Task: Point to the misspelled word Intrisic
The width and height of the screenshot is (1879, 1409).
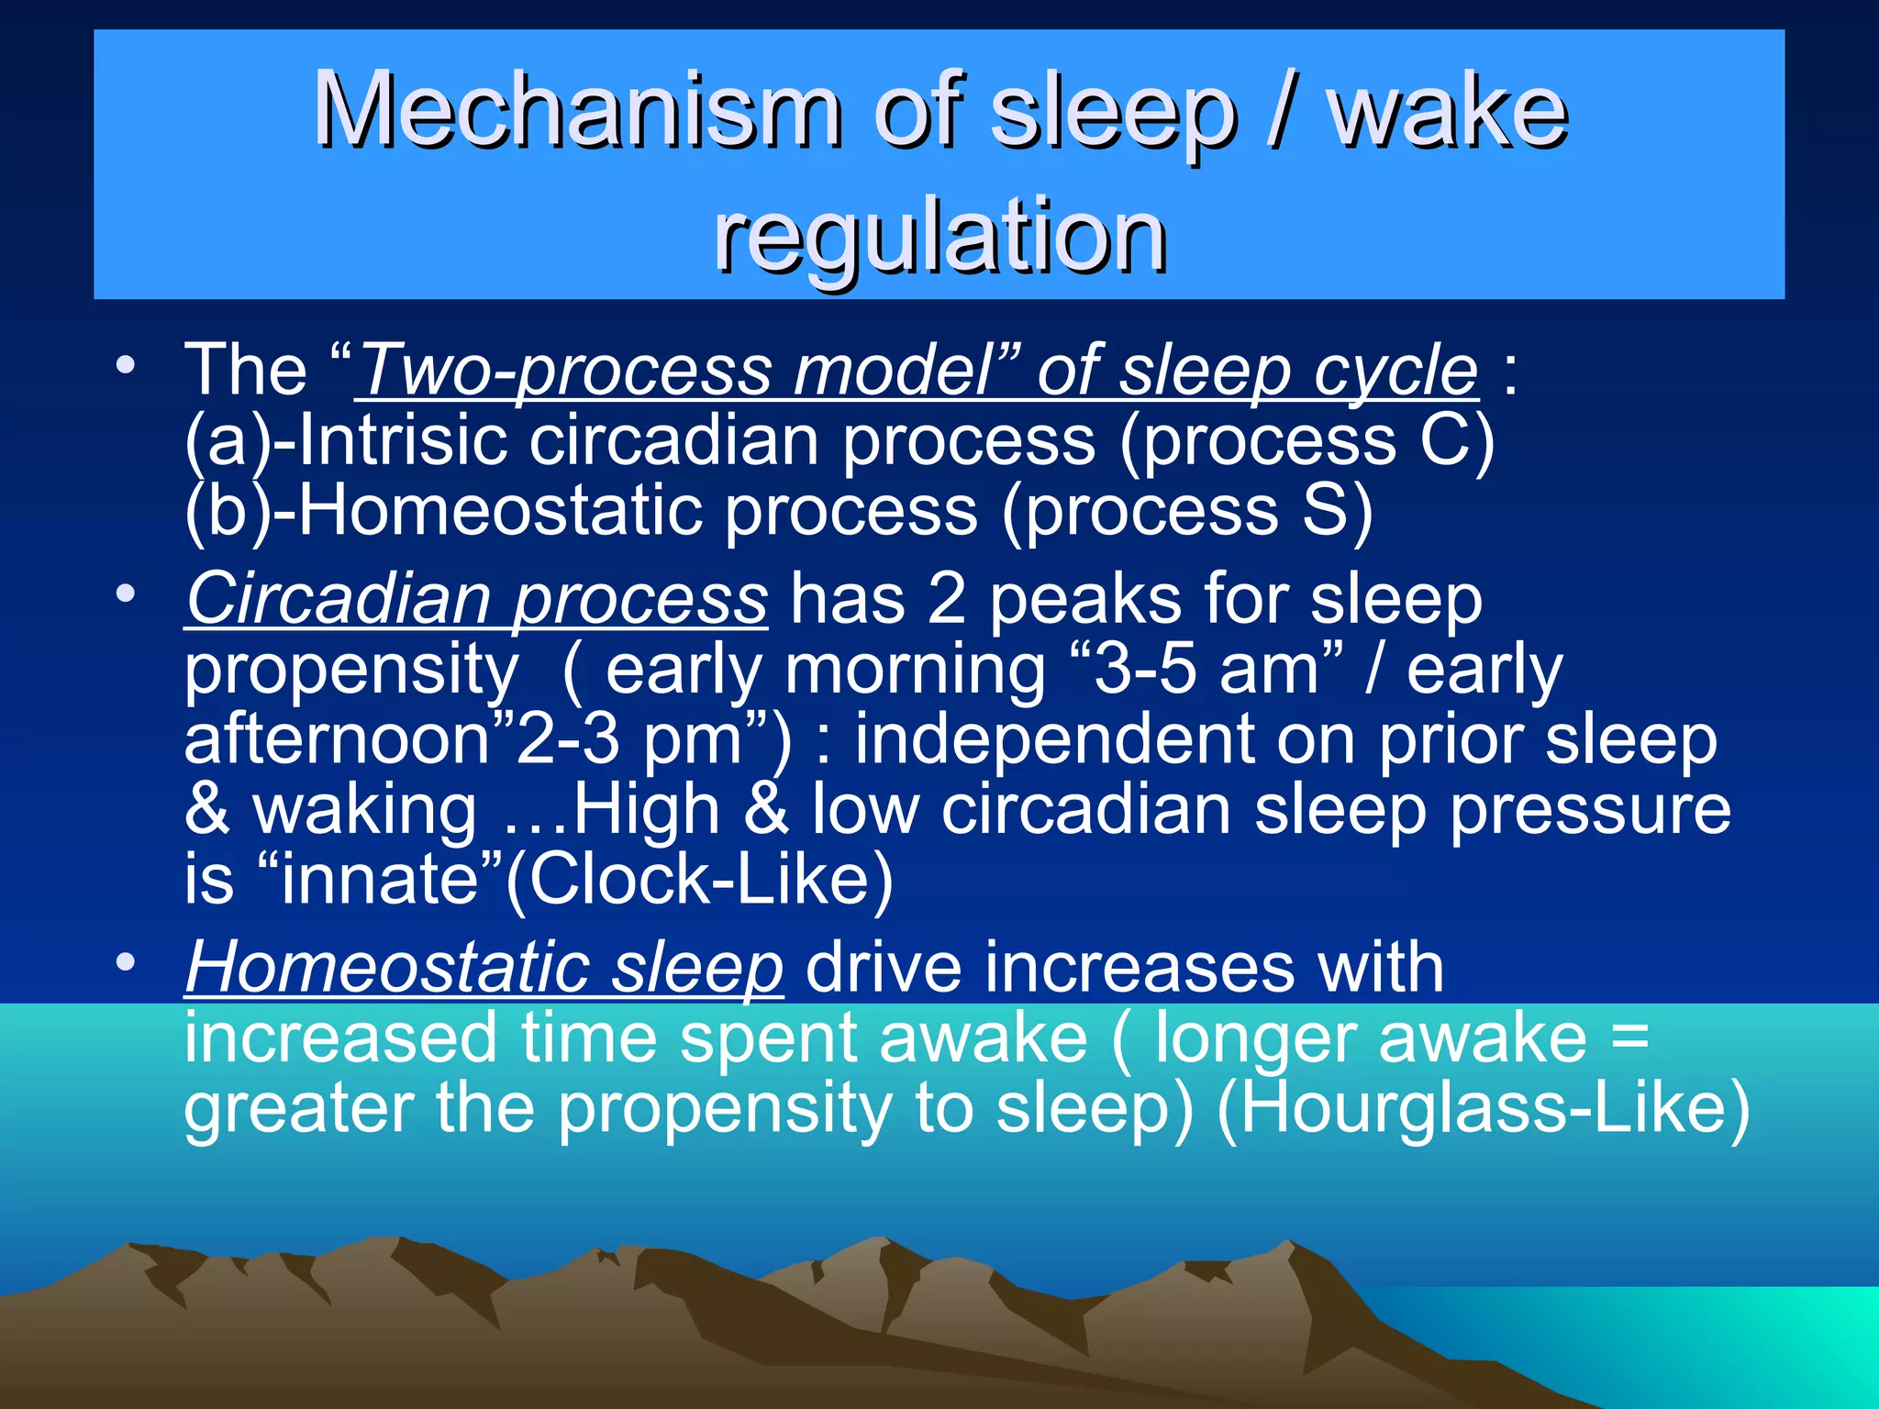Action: click(404, 440)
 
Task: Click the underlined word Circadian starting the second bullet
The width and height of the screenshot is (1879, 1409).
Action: click(339, 600)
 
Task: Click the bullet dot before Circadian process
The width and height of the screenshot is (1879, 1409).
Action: click(126, 594)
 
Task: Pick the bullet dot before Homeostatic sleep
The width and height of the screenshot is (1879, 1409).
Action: click(126, 962)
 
